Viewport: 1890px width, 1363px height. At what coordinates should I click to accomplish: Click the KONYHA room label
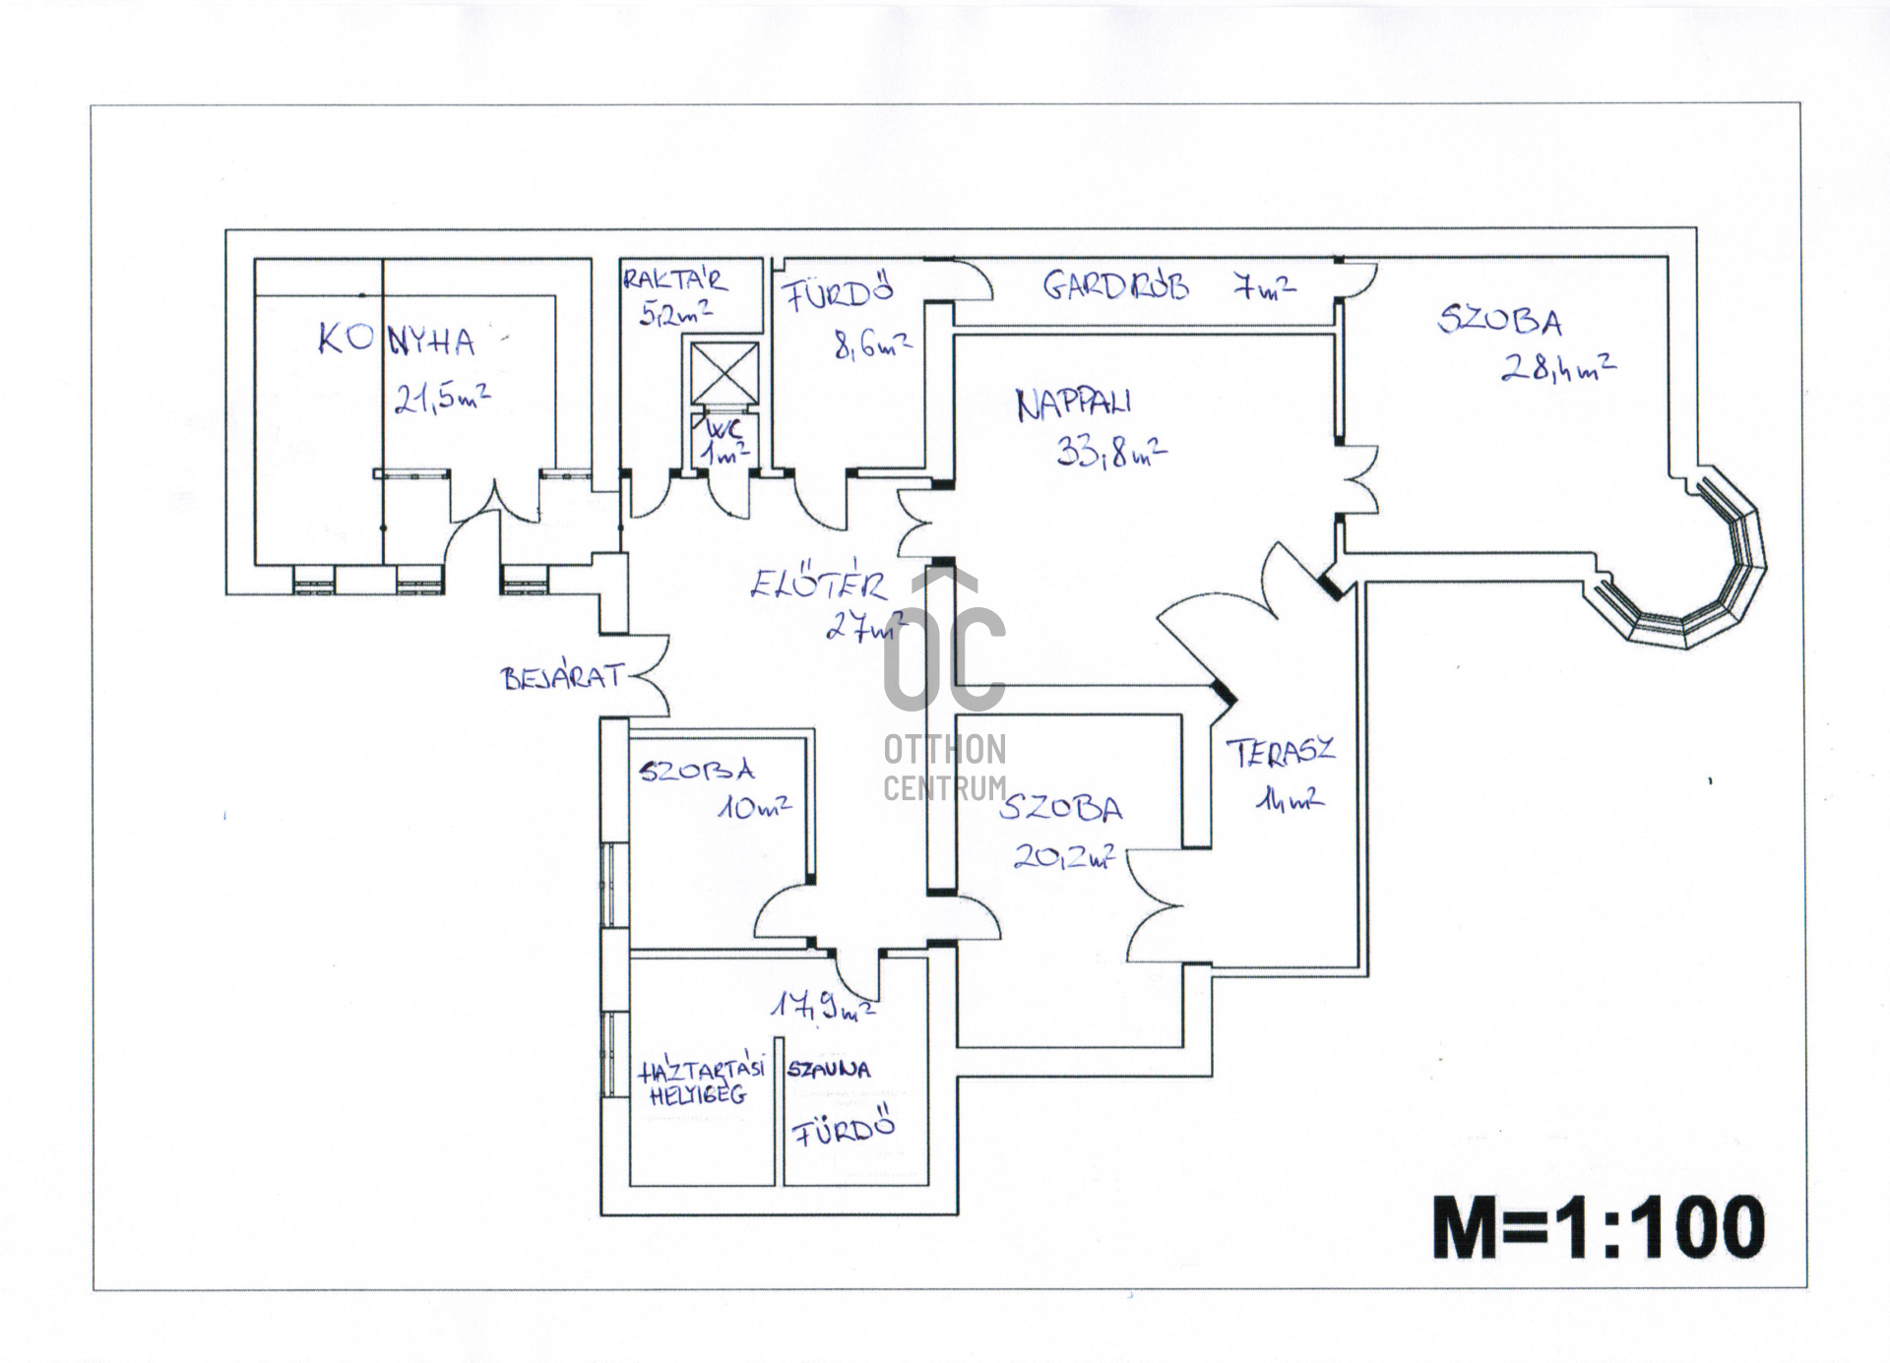pyautogui.click(x=396, y=340)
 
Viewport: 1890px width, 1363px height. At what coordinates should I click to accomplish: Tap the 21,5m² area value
pyautogui.click(x=442, y=398)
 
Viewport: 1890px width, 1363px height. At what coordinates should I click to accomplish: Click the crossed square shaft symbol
pyautogui.click(x=724, y=373)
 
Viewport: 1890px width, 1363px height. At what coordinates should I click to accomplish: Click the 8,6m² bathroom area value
pyautogui.click(x=872, y=345)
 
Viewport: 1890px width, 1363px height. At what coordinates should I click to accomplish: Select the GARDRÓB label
pyautogui.click(x=1115, y=286)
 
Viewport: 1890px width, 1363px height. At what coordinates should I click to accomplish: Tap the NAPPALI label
pyautogui.click(x=1073, y=403)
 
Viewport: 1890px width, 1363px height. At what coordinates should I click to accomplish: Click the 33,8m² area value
pyautogui.click(x=1111, y=452)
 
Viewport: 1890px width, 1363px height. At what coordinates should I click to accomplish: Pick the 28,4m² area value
pyautogui.click(x=1557, y=368)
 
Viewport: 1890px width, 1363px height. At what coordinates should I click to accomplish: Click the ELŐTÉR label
pyautogui.click(x=818, y=586)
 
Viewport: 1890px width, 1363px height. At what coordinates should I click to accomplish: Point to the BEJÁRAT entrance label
pyautogui.click(x=562, y=678)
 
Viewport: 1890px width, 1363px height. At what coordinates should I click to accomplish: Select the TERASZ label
pyautogui.click(x=1281, y=753)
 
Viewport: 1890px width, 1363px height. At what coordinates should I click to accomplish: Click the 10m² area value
pyautogui.click(x=754, y=808)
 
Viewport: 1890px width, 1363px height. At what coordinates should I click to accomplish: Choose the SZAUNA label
pyautogui.click(x=828, y=1069)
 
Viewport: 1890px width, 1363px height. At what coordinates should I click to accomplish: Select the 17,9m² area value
pyautogui.click(x=822, y=1009)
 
